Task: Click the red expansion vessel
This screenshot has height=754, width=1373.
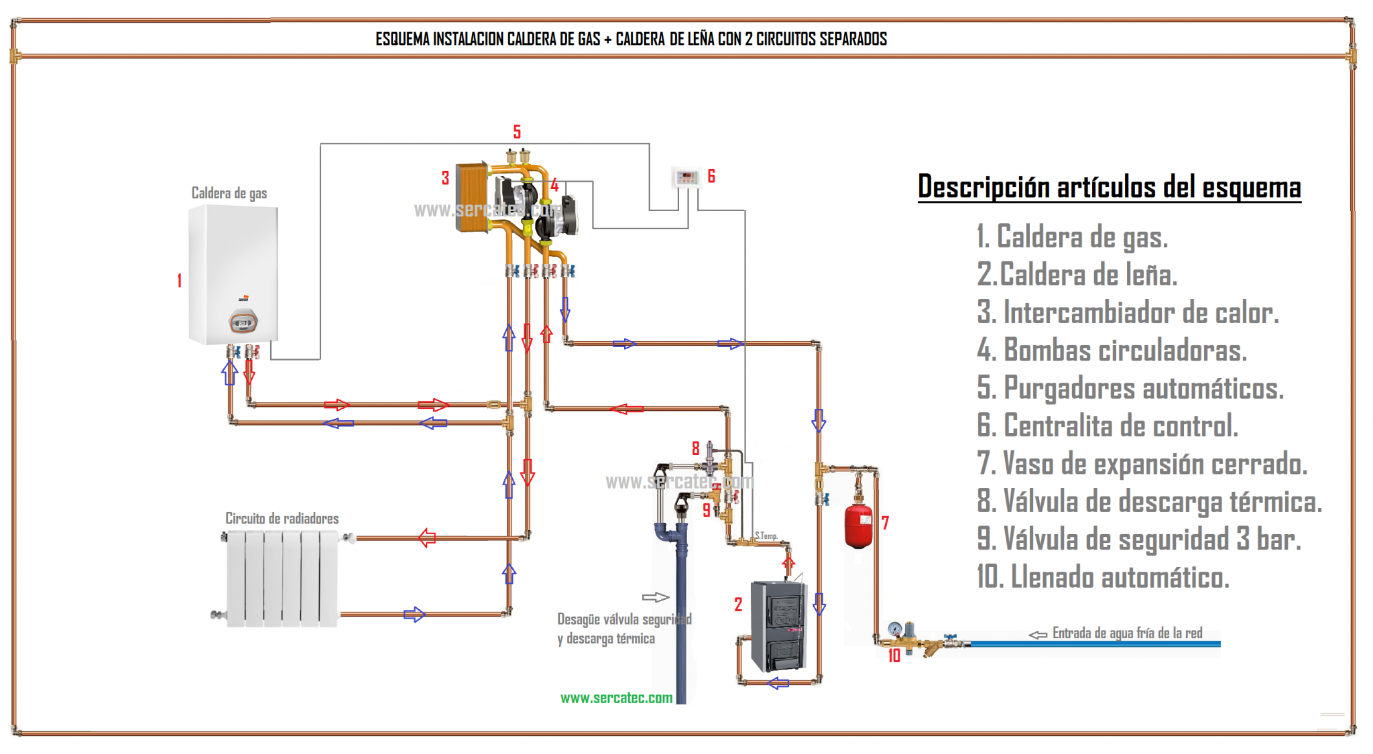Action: click(858, 527)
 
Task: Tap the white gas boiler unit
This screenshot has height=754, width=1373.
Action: click(233, 275)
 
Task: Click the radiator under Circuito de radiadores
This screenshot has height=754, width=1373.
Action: click(282, 578)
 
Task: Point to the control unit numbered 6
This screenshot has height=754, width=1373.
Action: click(686, 178)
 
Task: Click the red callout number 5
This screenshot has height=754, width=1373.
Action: click(517, 132)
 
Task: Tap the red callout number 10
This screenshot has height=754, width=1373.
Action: click(894, 656)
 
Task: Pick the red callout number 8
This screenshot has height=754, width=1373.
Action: click(696, 448)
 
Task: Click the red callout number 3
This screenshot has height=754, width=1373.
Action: click(445, 178)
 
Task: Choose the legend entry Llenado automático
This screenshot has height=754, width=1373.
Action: click(1103, 577)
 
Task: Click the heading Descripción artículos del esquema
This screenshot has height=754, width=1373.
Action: click(1109, 187)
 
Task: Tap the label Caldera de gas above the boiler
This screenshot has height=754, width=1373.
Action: click(229, 193)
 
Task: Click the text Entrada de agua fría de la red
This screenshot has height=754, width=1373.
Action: click(1127, 633)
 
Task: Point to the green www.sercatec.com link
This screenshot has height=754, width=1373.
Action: click(616, 698)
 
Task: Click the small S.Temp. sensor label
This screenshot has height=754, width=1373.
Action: click(766, 536)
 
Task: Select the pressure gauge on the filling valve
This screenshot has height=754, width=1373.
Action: click(894, 629)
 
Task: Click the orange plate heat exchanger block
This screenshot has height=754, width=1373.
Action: click(472, 196)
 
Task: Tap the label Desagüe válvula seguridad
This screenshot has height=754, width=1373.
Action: click(624, 619)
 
